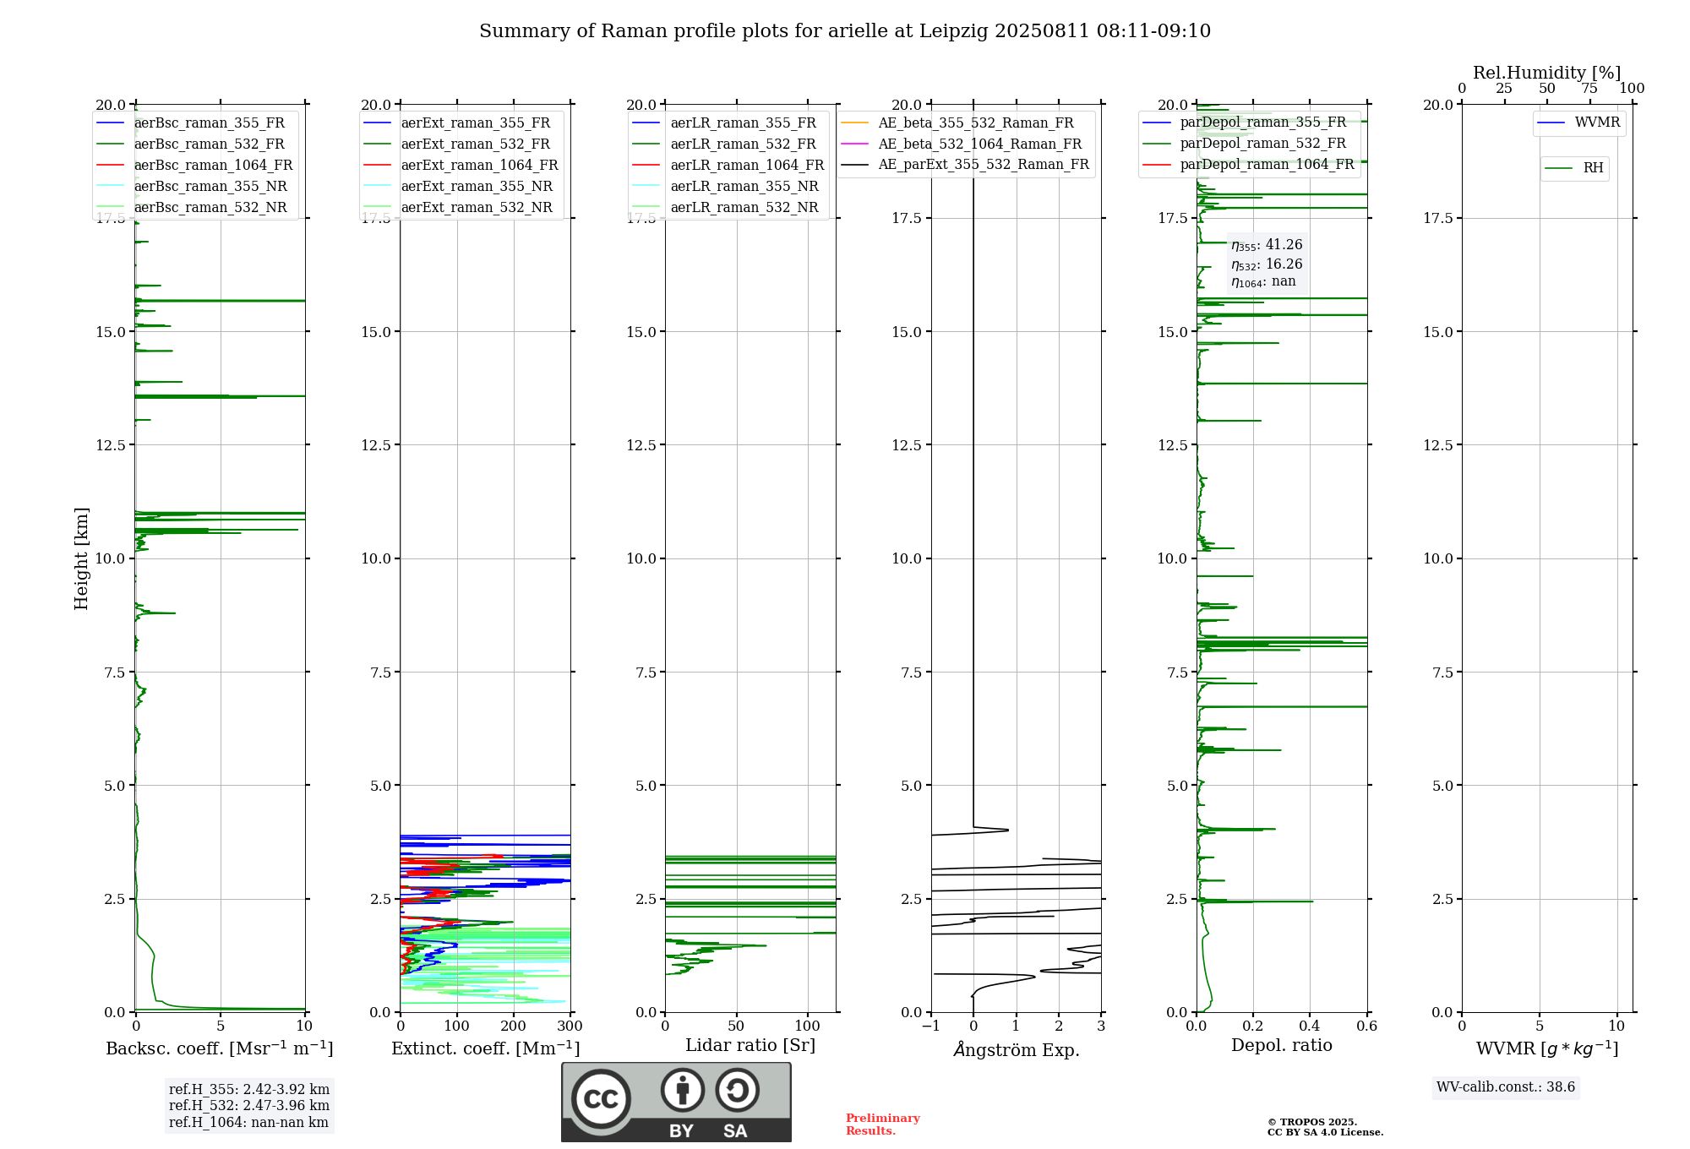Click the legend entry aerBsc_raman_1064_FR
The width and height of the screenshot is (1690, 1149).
click(x=195, y=166)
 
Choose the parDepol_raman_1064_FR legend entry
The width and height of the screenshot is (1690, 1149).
click(x=1249, y=165)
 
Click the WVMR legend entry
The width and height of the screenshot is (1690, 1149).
click(x=1579, y=123)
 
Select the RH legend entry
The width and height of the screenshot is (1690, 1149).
click(x=1574, y=168)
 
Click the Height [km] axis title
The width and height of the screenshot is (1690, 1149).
click(x=81, y=558)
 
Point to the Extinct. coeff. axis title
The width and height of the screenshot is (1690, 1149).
click(x=486, y=1048)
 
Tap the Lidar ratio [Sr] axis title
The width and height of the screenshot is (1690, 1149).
click(x=750, y=1046)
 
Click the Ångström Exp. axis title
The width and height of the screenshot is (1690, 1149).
click(x=1017, y=1049)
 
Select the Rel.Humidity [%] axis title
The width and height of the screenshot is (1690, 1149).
click(x=1547, y=73)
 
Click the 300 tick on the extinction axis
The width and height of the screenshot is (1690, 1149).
click(x=570, y=1026)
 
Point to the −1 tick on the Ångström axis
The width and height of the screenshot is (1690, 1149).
click(x=930, y=1026)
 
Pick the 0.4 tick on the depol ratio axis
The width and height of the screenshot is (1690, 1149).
click(x=1310, y=1026)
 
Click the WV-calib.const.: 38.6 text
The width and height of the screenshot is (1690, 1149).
click(x=1506, y=1087)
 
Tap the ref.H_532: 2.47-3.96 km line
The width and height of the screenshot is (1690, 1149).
click(x=249, y=1106)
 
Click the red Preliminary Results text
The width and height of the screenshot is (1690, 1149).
click(x=883, y=1124)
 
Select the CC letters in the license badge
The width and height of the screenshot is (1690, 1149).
click(x=601, y=1099)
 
